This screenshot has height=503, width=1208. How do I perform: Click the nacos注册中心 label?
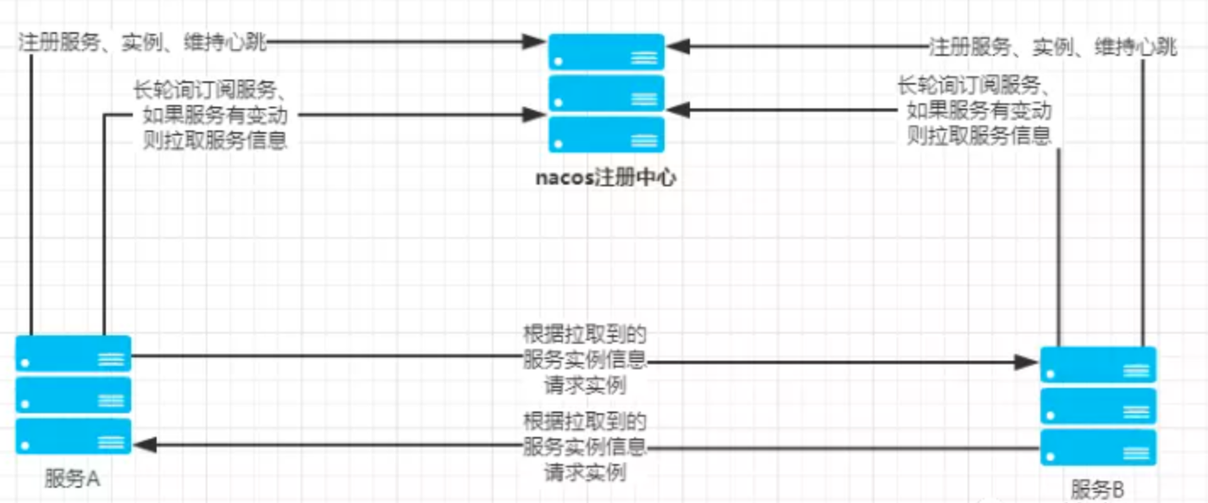pos(605,179)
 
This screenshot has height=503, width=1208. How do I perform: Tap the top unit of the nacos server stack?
pos(605,52)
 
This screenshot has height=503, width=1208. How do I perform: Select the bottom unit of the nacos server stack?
pos(605,135)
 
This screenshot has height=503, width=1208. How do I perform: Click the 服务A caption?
pos(72,478)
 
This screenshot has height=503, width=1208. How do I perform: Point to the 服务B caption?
pos(1098,489)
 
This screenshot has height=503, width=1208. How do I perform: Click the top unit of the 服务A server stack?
pos(74,354)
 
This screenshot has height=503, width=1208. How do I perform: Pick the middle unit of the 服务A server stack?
pos(74,395)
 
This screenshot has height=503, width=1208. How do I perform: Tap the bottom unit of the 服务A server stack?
pos(74,437)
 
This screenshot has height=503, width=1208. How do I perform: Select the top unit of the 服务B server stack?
pos(1098,365)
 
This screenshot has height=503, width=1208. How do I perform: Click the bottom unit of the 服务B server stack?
pos(1098,448)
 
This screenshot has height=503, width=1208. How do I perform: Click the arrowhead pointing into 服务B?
pos(1029,362)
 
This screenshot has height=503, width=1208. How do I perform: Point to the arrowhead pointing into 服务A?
pos(142,444)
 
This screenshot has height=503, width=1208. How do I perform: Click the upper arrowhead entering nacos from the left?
pos(535,41)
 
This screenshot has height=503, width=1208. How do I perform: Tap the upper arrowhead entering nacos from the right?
pos(676,46)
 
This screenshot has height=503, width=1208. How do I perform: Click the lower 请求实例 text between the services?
pos(585,473)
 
